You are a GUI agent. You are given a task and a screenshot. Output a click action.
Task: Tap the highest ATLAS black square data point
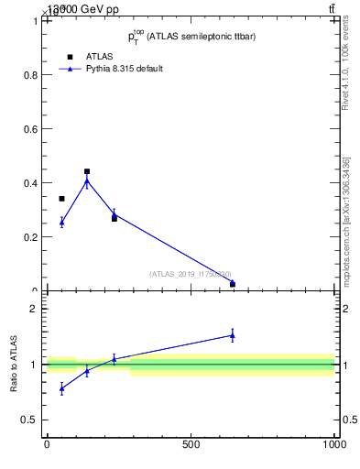pos(87,171)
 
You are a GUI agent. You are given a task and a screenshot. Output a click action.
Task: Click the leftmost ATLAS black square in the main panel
pos(61,199)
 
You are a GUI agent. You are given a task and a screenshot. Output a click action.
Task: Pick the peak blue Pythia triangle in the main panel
pos(87,180)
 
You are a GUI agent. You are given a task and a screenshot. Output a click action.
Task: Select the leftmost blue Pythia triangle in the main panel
pos(61,222)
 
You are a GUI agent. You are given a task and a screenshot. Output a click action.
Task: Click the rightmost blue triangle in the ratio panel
pos(233,335)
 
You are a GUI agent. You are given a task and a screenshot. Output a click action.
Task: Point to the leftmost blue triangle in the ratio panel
pos(61,388)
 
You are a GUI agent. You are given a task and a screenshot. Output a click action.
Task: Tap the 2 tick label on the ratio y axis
pos(34,310)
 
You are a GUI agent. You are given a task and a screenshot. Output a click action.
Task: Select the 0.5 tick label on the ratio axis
pos(29,420)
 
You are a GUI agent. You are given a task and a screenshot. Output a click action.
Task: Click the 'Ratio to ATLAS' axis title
pos(15,364)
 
